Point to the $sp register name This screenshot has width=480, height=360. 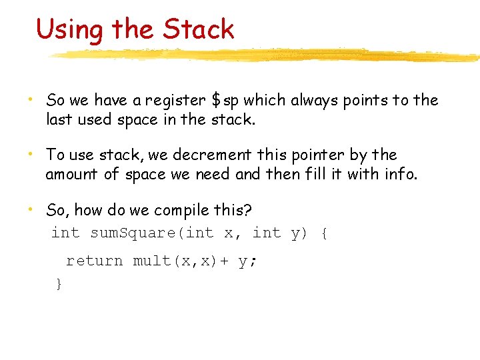[225, 101]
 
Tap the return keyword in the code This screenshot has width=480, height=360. [94, 261]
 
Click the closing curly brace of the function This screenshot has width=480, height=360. [59, 284]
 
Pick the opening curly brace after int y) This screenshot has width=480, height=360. [323, 233]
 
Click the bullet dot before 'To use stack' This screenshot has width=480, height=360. [31, 155]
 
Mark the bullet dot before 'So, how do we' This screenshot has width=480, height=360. [31, 210]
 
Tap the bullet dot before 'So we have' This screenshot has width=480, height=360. [31, 100]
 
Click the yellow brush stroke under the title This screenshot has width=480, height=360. [267, 55]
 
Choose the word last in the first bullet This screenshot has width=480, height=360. [57, 120]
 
